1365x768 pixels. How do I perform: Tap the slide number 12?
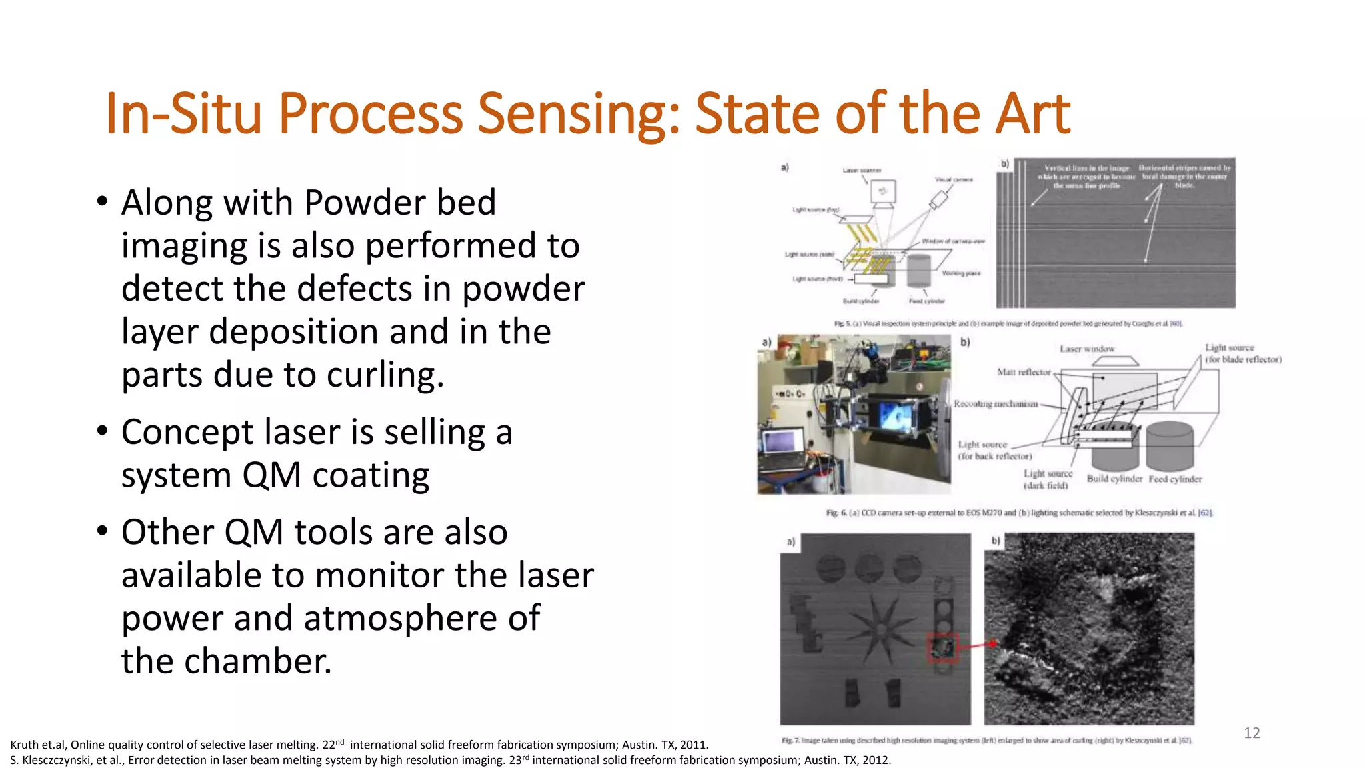pos(1251,733)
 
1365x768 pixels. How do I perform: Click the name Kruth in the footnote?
pos(24,745)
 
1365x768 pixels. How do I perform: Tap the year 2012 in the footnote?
pos(875,760)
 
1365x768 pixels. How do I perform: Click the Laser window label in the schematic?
pos(1086,349)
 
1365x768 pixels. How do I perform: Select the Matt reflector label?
pos(1023,372)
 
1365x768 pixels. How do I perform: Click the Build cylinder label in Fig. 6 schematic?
pos(1114,479)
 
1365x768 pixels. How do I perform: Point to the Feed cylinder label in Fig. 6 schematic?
pos(1174,479)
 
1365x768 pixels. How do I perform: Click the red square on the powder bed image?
pos(942,647)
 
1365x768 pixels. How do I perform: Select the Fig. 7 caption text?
pos(986,740)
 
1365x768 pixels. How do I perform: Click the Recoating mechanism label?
pos(996,404)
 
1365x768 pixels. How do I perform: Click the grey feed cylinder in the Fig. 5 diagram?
pos(918,270)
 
